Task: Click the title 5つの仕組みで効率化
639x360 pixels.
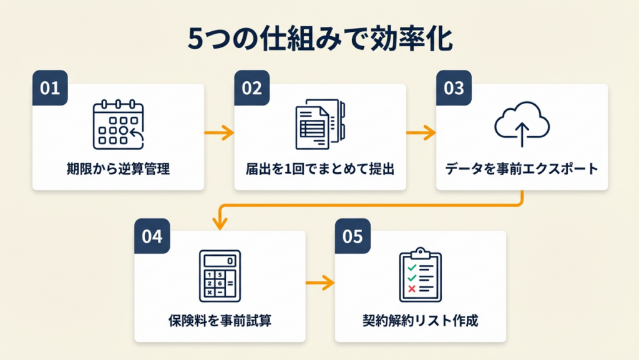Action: pyautogui.click(x=319, y=39)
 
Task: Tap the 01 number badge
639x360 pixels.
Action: pyautogui.click(x=50, y=89)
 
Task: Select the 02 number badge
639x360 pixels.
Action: pyautogui.click(x=251, y=89)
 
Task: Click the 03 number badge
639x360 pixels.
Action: pyautogui.click(x=454, y=89)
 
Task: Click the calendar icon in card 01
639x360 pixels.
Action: pyautogui.click(x=118, y=126)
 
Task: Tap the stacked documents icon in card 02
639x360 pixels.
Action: pyautogui.click(x=320, y=125)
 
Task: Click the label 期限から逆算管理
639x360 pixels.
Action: pyautogui.click(x=118, y=169)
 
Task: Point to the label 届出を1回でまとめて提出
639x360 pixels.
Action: pyautogui.click(x=320, y=169)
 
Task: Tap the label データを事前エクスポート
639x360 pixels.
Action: pyautogui.click(x=522, y=169)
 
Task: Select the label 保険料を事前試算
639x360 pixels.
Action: pyautogui.click(x=220, y=321)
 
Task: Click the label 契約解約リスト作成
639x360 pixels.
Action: pyautogui.click(x=420, y=321)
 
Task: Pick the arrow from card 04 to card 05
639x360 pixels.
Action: pyautogui.click(x=320, y=284)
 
